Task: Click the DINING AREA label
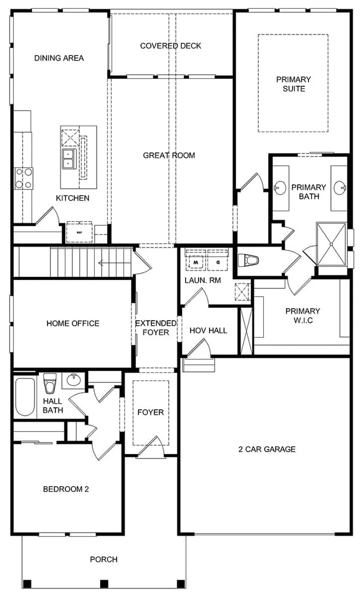coord(59,58)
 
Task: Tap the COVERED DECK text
coord(170,46)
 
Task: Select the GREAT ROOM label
coord(169,155)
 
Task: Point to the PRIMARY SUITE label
coord(293,84)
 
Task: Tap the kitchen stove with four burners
coord(23,178)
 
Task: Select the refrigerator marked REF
coord(79,232)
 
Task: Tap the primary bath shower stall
coord(331,244)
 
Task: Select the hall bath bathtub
coord(25,396)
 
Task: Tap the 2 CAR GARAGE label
coord(267,449)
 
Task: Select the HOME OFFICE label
coord(73,323)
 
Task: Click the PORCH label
coord(103,559)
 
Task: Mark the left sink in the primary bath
coord(280,187)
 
